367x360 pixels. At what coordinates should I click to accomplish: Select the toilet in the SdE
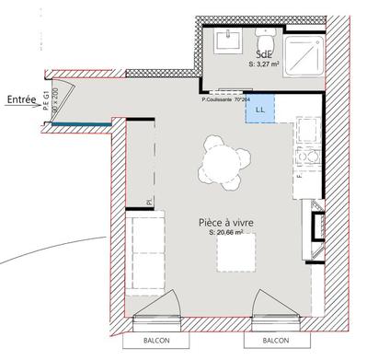267,41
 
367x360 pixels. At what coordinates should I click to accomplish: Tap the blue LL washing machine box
259,108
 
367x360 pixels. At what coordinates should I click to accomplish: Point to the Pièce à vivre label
225,222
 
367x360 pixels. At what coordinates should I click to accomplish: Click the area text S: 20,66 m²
225,234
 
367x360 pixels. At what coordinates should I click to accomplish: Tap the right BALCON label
261,340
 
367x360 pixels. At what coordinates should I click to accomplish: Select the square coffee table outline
236,253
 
